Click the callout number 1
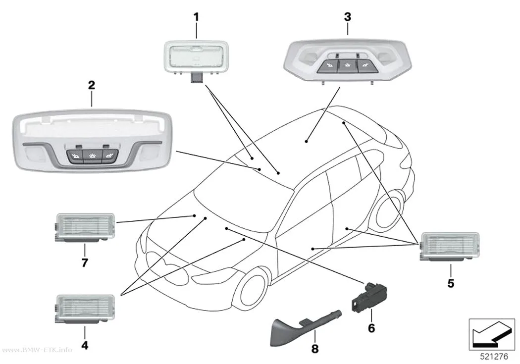pyautogui.click(x=196, y=17)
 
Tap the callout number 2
pyautogui.click(x=92, y=85)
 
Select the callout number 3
pyautogui.click(x=348, y=17)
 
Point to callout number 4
pyautogui.click(x=85, y=345)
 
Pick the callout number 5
pyautogui.click(x=451, y=283)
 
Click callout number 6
pyautogui.click(x=371, y=328)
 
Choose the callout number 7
pyautogui.click(x=85, y=262)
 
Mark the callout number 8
pyautogui.click(x=314, y=349)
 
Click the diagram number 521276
pyautogui.click(x=494, y=357)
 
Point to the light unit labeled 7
pyautogui.click(x=85, y=227)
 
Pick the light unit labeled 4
pyautogui.click(x=85, y=309)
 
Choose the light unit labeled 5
pyautogui.click(x=450, y=246)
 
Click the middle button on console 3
pyautogui.click(x=347, y=66)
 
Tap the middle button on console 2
pyautogui.click(x=92, y=156)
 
